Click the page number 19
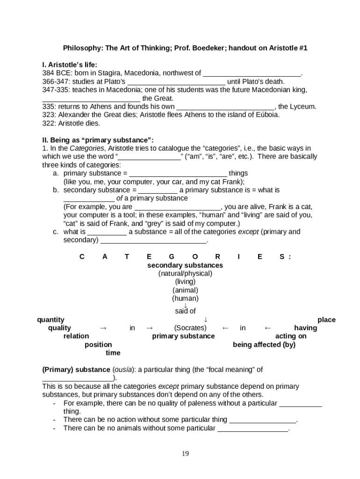pos(185,453)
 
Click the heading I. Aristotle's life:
pos(70,65)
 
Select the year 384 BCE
pos(56,73)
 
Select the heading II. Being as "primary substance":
pos(98,140)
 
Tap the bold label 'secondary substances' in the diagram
pos(185,265)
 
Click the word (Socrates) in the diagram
pos(190,328)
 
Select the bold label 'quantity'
pos(50,320)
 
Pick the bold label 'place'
pos(326,320)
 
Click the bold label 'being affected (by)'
pos(264,345)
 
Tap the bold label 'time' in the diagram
pos(113,353)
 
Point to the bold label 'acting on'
pos(291,336)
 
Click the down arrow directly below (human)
pos(185,305)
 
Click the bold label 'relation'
pos(76,336)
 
